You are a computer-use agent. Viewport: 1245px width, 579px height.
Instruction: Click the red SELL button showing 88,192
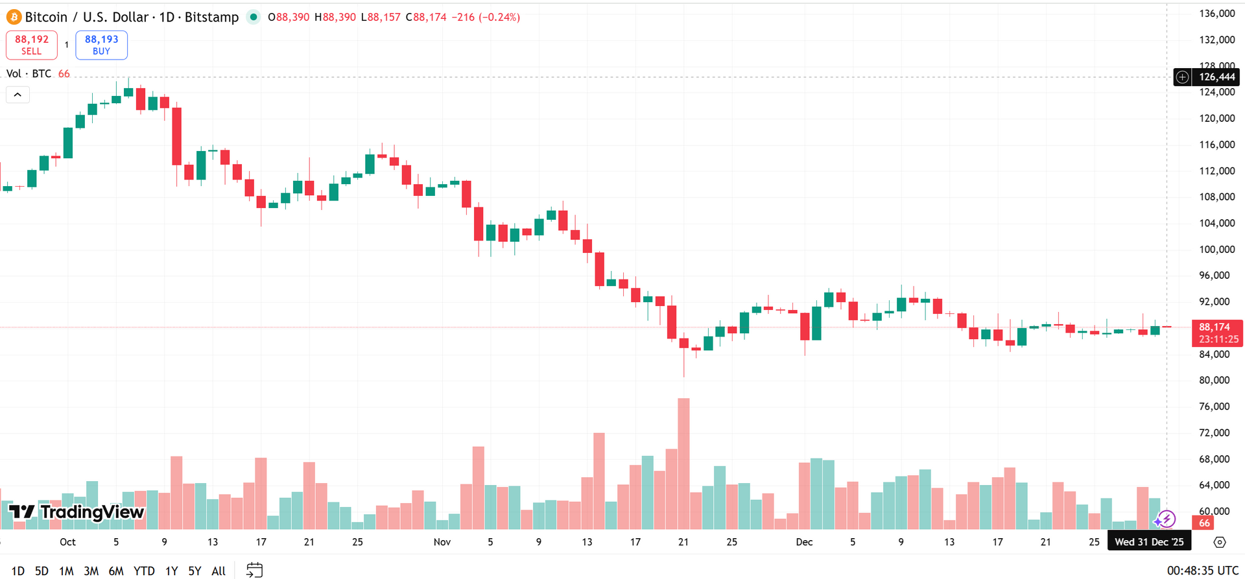31,45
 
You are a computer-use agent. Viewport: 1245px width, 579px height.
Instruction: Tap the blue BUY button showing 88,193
101,45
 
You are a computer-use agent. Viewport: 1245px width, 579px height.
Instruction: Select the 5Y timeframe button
195,571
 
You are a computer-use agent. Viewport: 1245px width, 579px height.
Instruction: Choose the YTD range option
144,571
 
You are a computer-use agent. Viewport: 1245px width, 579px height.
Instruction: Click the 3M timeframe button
91,571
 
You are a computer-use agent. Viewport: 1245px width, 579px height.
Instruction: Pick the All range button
219,571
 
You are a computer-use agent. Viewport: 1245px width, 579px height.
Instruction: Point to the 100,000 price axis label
1216,249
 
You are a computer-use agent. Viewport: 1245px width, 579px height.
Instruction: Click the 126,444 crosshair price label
1216,77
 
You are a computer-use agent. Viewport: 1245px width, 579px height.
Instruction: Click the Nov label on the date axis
442,542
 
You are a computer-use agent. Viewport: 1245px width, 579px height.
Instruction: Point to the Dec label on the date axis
804,542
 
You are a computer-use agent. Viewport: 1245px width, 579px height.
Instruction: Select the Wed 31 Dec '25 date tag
1149,542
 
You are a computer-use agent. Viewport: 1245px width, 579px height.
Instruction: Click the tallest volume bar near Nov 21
683,464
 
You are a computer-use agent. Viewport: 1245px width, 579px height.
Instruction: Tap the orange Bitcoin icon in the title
14,17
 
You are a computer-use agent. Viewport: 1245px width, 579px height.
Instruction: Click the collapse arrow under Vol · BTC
18,95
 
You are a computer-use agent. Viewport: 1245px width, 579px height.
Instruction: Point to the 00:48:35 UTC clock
1202,571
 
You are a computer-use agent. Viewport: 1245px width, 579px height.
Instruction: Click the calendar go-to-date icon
254,571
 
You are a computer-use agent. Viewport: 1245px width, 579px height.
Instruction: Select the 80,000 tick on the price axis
1214,380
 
